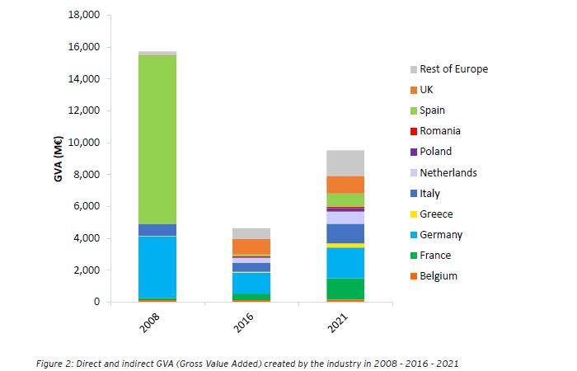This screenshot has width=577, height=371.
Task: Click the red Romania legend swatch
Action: pos(413,131)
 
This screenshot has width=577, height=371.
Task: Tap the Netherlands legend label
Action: pos(448,173)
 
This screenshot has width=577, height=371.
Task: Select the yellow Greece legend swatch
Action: pos(413,214)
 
